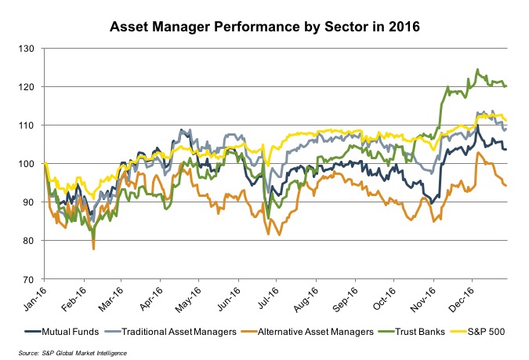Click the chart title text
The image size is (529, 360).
(x=264, y=26)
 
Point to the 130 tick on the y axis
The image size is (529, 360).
(x=29, y=49)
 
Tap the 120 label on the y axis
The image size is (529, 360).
(x=29, y=87)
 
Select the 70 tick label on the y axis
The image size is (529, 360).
(x=31, y=279)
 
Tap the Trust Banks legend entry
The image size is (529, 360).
(x=416, y=332)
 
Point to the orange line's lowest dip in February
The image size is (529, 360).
(x=94, y=248)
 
